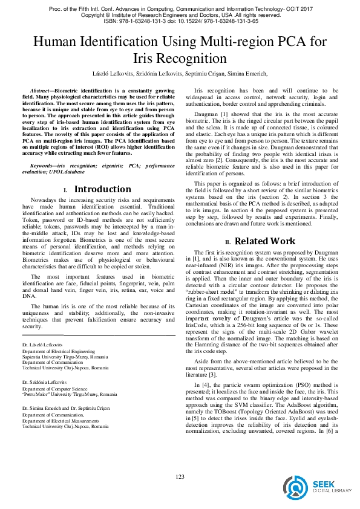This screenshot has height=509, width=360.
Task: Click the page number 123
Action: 180,476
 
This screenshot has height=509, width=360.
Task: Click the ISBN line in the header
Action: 180,20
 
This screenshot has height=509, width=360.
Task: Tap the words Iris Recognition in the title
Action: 180,59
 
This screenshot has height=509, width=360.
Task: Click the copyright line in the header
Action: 180,14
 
